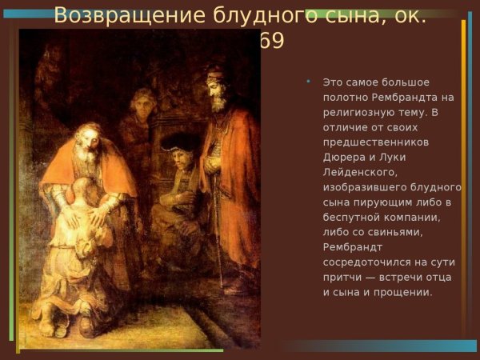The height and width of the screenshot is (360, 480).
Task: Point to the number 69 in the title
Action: pos(272,40)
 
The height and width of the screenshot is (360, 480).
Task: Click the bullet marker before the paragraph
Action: pos(309,82)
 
